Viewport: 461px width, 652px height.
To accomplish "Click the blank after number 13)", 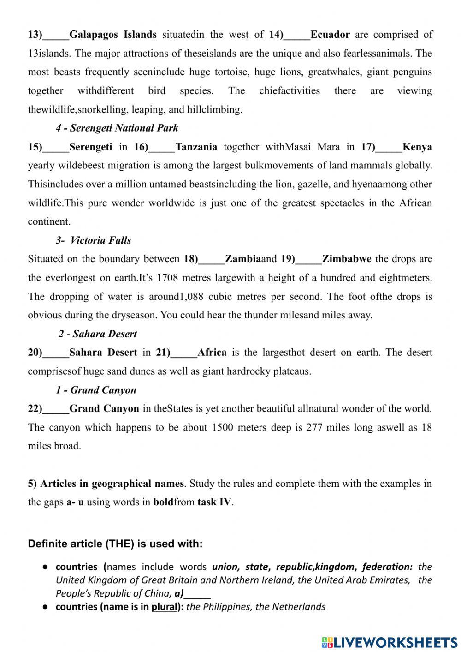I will (55, 35).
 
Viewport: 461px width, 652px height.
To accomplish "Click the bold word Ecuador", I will (330, 35).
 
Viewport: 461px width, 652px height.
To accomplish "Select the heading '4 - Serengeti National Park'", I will (117, 128).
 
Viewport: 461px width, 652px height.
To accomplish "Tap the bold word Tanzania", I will (196, 147).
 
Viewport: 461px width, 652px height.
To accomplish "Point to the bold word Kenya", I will (417, 147).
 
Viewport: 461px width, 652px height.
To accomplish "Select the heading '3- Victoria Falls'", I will (94, 240).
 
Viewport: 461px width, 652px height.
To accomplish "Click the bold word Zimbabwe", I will (346, 259).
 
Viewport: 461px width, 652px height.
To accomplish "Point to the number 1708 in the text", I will (167, 278).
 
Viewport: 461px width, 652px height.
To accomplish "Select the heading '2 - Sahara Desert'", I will (97, 334).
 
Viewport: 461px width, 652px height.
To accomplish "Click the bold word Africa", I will (212, 353).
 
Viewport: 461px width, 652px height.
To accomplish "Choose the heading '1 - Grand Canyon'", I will (96, 390).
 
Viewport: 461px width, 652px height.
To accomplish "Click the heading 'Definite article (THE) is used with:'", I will (115, 544).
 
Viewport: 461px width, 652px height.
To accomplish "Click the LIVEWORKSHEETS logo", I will (389, 642).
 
